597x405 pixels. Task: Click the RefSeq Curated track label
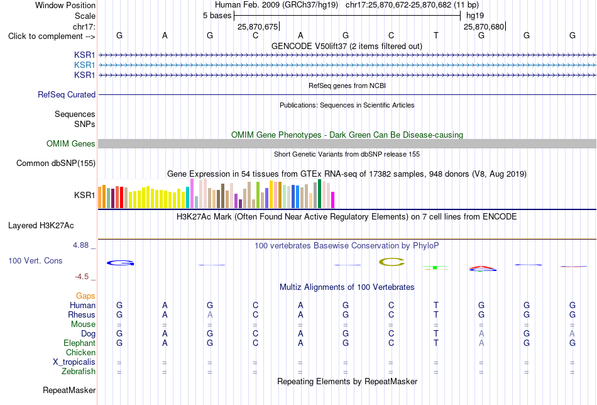(66, 94)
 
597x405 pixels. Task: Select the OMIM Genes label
(71, 143)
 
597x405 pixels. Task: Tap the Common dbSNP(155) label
(55, 163)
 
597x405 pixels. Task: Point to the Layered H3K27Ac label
(41, 226)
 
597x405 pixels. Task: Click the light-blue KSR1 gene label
(85, 65)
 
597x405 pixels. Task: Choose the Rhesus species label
(82, 314)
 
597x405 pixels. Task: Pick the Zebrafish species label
(79, 371)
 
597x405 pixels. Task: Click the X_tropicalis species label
(74, 362)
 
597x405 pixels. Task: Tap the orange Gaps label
(85, 296)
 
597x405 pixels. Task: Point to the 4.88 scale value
(80, 245)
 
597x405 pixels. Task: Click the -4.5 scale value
(82, 277)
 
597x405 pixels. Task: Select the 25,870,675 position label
(258, 26)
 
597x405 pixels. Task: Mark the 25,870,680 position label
(484, 26)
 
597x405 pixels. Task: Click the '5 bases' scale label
(217, 16)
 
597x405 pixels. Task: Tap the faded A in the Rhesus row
(210, 314)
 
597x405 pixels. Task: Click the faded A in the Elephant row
(481, 343)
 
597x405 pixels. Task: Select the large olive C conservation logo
(392, 262)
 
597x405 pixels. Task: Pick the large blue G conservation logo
(120, 263)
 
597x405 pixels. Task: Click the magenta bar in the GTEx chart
(333, 200)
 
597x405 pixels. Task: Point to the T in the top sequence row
(436, 35)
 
